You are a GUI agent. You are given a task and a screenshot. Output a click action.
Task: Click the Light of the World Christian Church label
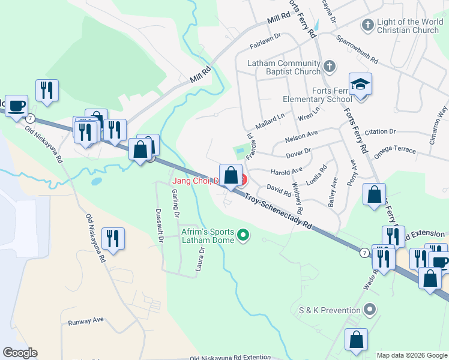[x=408, y=26]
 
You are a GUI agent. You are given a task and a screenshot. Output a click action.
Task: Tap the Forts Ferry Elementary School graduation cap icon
[x=361, y=85]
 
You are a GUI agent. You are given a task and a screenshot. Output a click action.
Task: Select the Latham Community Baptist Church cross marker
[x=329, y=65]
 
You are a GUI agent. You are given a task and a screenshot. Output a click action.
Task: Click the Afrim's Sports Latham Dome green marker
[x=243, y=235]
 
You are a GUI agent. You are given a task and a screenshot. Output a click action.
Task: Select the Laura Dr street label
[x=200, y=259]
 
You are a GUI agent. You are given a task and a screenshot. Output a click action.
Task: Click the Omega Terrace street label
[x=394, y=150]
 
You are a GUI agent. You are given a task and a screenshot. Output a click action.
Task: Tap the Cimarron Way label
[x=441, y=121]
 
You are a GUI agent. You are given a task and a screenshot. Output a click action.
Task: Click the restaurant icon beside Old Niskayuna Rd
[x=113, y=238]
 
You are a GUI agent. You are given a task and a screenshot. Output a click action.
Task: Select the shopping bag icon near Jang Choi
[x=231, y=175]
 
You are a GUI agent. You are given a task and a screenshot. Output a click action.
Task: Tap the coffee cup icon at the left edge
[x=16, y=106]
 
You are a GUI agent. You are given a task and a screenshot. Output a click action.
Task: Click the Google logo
[x=20, y=353]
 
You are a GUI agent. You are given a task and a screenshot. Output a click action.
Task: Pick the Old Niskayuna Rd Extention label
[x=230, y=358]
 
